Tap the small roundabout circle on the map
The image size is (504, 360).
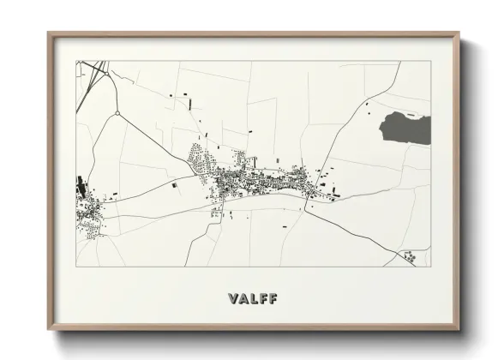(116, 112)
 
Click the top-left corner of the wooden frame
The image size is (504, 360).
(49, 33)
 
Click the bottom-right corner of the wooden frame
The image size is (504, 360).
(459, 328)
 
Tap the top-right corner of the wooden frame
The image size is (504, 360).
(459, 33)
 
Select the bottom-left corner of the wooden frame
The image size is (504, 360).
(49, 328)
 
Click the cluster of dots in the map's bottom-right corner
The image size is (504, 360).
(409, 255)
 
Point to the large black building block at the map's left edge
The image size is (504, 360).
(82, 183)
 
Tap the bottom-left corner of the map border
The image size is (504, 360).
(76, 267)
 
